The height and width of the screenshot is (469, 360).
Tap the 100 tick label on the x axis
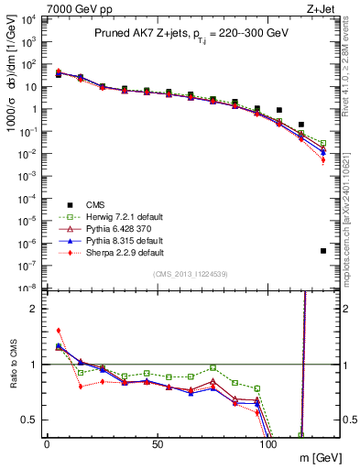tap(269, 444)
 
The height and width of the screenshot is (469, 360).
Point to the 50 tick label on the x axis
tap(158, 444)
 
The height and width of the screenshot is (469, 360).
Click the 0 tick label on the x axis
tap(47, 444)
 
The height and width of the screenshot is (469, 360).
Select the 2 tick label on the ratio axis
tap(33, 309)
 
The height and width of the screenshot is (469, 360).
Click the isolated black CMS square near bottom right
tap(323, 251)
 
